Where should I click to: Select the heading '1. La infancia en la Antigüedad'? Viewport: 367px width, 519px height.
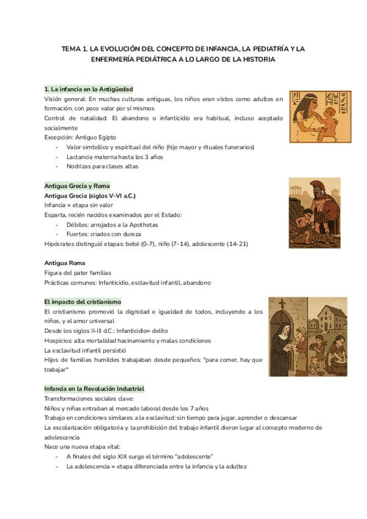coord(89,89)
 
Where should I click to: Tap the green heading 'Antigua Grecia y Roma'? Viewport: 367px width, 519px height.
coord(77,185)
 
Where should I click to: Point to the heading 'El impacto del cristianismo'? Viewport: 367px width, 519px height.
coord(83,302)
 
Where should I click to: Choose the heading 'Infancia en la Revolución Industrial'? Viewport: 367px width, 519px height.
coord(94,389)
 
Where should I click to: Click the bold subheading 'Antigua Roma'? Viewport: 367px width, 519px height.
coord(64,263)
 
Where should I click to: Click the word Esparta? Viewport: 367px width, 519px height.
coord(56,215)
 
